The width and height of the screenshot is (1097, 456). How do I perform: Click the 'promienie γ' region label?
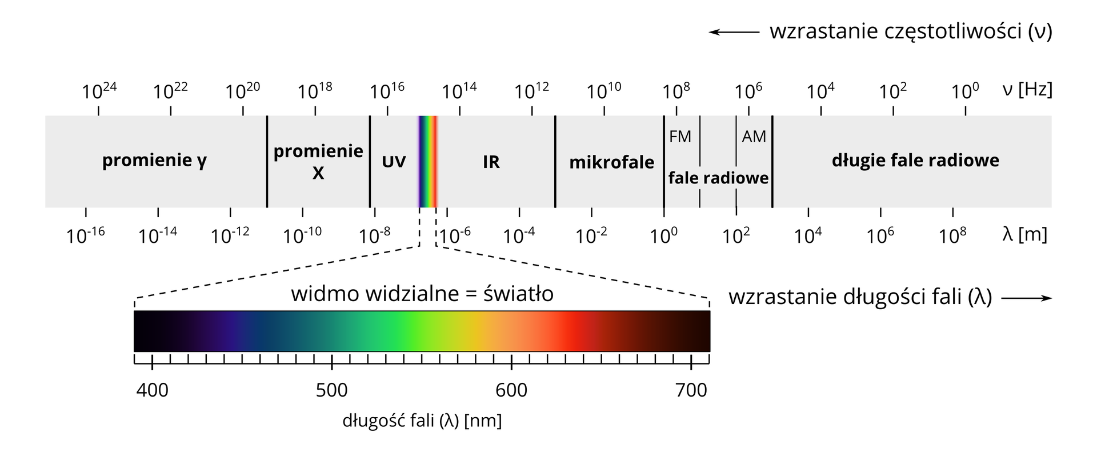click(x=154, y=161)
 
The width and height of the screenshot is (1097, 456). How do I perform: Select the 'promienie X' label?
click(x=318, y=161)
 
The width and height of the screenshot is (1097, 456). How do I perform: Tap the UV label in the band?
click(x=394, y=162)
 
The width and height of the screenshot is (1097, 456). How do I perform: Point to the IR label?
click(x=491, y=162)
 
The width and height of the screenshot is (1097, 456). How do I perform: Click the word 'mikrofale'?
click(x=611, y=162)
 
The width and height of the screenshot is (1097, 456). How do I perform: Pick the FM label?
click(x=680, y=137)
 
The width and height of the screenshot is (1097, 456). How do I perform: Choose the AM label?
click(x=754, y=137)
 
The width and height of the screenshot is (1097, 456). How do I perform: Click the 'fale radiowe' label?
click(x=718, y=178)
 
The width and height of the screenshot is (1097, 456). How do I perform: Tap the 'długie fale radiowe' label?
click(x=915, y=161)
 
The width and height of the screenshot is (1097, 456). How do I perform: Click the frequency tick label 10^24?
click(x=99, y=90)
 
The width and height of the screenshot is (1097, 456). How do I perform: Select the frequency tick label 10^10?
click(x=604, y=90)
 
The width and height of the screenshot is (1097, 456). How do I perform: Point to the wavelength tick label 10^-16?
click(x=85, y=235)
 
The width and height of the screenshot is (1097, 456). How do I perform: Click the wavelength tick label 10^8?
click(x=952, y=235)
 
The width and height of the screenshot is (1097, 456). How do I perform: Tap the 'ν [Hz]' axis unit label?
click(x=1027, y=89)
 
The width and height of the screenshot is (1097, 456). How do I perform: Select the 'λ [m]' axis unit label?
click(x=1024, y=234)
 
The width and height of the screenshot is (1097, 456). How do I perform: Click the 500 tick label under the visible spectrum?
click(x=331, y=390)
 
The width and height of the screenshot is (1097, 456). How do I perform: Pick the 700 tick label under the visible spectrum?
click(x=691, y=390)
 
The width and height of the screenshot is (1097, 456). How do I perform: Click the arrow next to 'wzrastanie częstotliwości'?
click(x=734, y=32)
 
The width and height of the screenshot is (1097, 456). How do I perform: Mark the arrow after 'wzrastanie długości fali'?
click(x=1026, y=298)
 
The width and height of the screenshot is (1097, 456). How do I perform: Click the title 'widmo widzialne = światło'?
click(x=422, y=294)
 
